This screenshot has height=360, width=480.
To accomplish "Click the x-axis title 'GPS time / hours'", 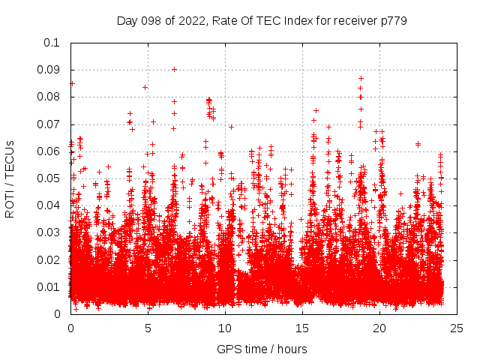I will (x=262, y=349).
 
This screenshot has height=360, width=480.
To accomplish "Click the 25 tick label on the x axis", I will (x=457, y=328).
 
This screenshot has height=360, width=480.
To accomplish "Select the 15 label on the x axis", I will (x=302, y=328).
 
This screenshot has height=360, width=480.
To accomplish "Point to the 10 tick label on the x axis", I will (x=225, y=328).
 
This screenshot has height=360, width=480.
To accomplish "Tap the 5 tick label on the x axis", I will (x=148, y=328).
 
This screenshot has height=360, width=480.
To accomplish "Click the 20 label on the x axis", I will (x=380, y=328).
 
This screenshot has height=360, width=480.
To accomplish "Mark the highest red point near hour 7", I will (x=174, y=69).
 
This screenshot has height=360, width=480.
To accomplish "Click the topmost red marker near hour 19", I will (x=361, y=78).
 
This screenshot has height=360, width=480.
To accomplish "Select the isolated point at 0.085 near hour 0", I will (x=72, y=83).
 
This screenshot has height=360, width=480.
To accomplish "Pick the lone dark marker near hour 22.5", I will (x=418, y=143).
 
